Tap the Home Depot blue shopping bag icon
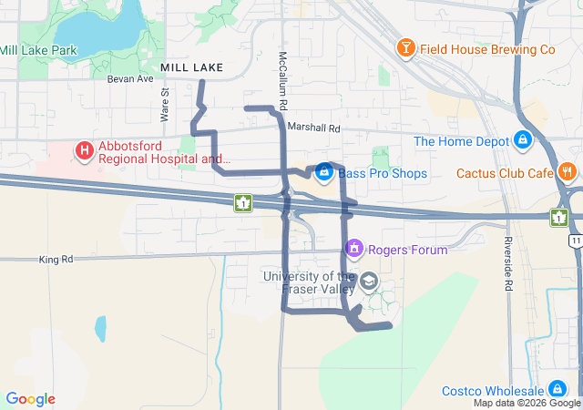(x=523, y=140)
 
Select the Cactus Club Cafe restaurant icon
(x=568, y=170)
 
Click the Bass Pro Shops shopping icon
(x=323, y=171)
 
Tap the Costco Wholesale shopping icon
(x=557, y=389)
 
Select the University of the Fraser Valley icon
(x=368, y=281)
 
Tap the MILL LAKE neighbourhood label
(x=191, y=67)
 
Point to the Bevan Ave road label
(x=130, y=79)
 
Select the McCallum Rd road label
(x=283, y=69)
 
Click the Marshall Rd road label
(x=312, y=128)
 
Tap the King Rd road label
(x=56, y=260)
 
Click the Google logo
(x=30, y=399)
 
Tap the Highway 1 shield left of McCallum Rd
(x=242, y=202)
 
